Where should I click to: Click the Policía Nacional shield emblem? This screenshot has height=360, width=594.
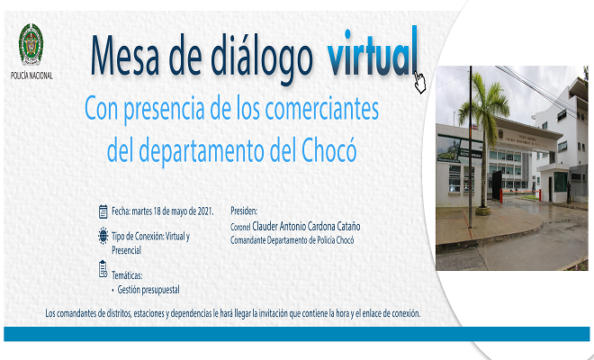[x=31, y=44]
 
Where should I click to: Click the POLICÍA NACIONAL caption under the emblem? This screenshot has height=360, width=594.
[x=31, y=76]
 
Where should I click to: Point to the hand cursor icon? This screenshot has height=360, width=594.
[x=419, y=83]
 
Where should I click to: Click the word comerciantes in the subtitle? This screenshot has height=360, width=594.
[x=323, y=112]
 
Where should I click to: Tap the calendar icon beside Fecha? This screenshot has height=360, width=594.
[x=103, y=211]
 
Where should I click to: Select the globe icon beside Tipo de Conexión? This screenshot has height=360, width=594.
[x=103, y=237]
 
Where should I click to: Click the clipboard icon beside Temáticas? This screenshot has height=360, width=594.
[x=103, y=268]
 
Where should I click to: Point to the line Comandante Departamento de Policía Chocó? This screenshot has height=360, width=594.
[x=292, y=241]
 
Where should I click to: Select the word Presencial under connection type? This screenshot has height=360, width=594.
[x=127, y=249]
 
